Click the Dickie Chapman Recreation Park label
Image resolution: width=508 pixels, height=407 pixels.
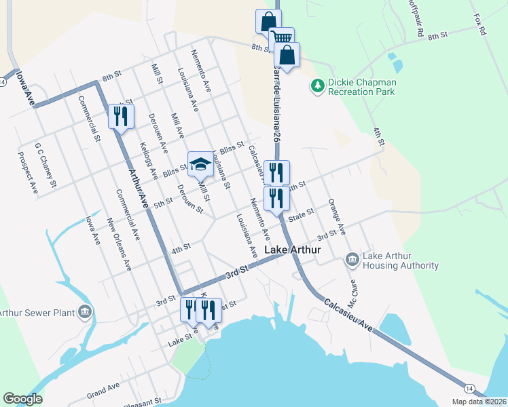tap(362, 86)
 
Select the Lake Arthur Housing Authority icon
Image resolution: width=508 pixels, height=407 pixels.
tap(352, 260)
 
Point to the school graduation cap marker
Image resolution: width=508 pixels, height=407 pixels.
tap(200, 165)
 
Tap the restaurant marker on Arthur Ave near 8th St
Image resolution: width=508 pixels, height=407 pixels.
tap(121, 116)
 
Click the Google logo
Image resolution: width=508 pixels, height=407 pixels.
tap(22, 399)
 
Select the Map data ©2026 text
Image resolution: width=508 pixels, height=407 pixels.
tap(479, 402)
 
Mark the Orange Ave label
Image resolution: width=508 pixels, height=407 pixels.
tap(337, 217)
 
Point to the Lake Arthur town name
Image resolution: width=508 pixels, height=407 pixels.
tap(292, 250)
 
